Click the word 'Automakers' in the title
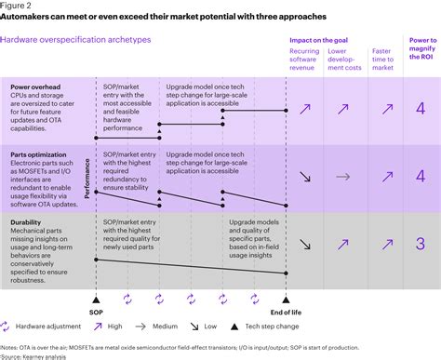pyautogui.click(x=31, y=18)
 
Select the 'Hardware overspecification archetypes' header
pyautogui.click(x=63, y=40)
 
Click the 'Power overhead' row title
pyautogui.click(x=37, y=86)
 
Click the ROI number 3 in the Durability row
pyautogui.click(x=420, y=244)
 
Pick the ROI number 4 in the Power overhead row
pyautogui.click(x=420, y=110)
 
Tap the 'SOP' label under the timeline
pyautogui.click(x=96, y=313)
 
